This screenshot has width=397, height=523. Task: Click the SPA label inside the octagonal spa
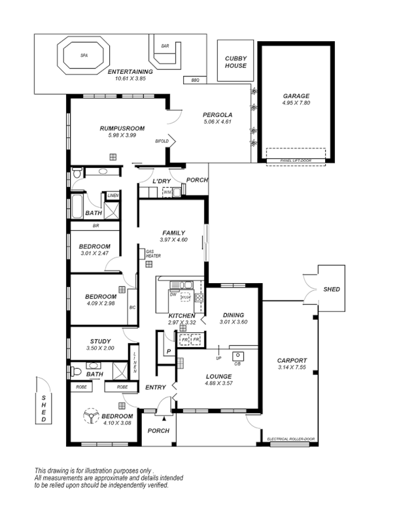tap(84, 56)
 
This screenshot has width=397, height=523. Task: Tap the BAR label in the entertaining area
tap(165, 46)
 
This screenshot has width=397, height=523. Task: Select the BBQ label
tap(194, 80)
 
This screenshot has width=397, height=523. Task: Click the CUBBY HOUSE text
tap(235, 61)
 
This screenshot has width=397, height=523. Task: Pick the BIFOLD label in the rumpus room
tap(162, 141)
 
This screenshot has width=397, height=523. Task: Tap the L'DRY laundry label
tap(162, 181)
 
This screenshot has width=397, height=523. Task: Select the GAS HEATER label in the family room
tap(153, 254)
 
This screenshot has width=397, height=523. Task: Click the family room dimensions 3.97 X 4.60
tap(173, 240)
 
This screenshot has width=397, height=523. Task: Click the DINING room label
tap(233, 314)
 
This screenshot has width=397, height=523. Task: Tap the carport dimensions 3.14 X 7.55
tap(292, 367)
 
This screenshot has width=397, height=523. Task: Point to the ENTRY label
tap(156, 388)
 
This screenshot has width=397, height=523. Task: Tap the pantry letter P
tap(168, 351)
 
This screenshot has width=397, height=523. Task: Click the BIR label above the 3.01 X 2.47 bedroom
tap(95, 226)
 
